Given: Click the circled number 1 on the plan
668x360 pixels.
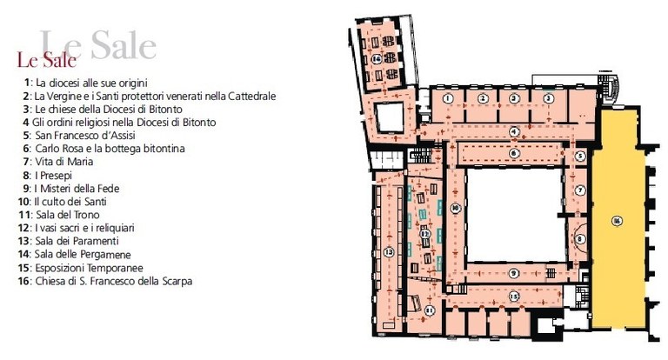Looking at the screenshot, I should pyautogui.click(x=446, y=100).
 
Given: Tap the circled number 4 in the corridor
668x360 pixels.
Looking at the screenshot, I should pyautogui.click(x=515, y=132).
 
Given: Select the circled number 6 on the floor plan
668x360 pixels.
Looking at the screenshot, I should pyautogui.click(x=515, y=153).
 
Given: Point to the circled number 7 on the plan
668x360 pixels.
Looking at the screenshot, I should pyautogui.click(x=579, y=188).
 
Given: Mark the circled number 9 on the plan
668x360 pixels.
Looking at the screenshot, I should pyautogui.click(x=514, y=273).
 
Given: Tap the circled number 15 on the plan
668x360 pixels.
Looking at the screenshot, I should pyautogui.click(x=514, y=296).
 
